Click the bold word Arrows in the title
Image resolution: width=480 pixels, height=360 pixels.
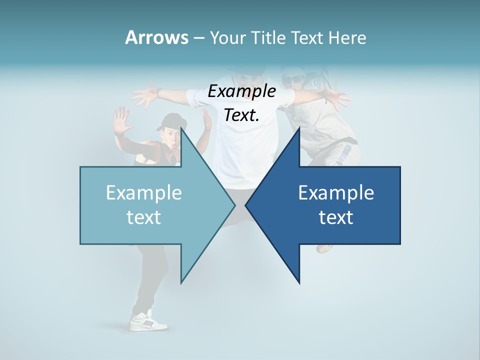click(156, 37)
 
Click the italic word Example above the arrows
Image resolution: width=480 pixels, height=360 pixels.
click(241, 91)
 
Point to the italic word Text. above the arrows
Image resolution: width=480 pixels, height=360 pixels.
click(241, 115)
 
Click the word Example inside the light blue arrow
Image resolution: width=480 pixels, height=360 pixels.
click(143, 193)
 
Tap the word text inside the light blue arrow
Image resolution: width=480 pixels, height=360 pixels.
click(143, 217)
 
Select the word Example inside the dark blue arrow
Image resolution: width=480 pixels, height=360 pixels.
click(336, 193)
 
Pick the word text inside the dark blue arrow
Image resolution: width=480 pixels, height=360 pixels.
click(336, 217)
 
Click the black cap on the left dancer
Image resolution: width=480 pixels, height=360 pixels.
click(170, 120)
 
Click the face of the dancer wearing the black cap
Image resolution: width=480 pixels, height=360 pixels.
click(169, 135)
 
